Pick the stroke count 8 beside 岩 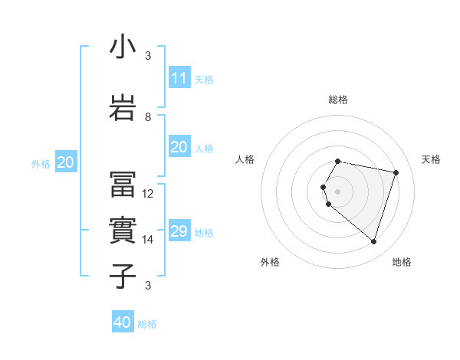coord(148,117)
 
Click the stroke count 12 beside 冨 coord(148,194)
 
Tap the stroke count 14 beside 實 coord(148,240)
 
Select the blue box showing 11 coord(179,78)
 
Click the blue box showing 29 coord(179,231)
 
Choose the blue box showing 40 coord(123,322)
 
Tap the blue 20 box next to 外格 coord(66,162)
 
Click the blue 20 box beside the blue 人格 coord(179,147)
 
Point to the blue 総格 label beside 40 coord(147,324)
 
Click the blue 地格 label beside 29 coord(204,233)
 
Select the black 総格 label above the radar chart coord(338,100)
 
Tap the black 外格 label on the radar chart coord(270,262)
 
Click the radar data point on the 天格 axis coord(396,172)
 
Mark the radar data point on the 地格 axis coord(373,242)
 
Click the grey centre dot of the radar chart coord(338,191)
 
